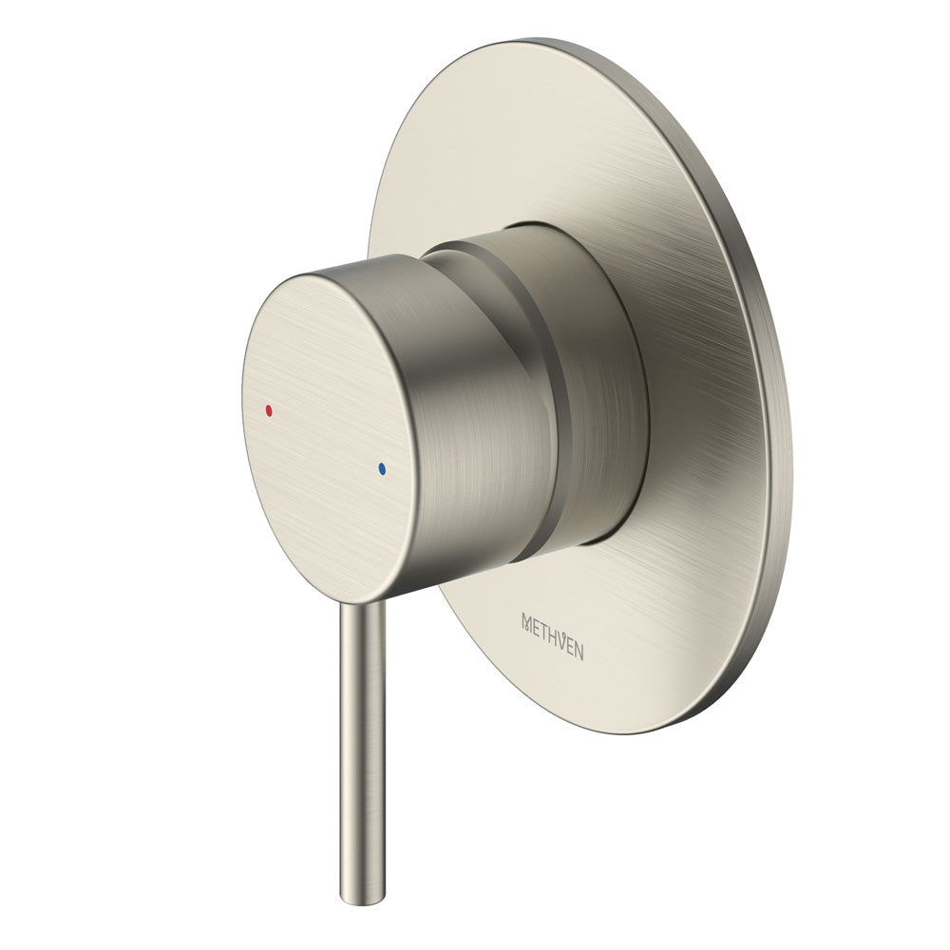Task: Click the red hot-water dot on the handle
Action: tap(269, 411)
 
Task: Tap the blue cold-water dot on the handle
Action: tap(382, 468)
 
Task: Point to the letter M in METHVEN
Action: tap(529, 621)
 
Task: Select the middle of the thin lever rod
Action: tap(362, 750)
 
